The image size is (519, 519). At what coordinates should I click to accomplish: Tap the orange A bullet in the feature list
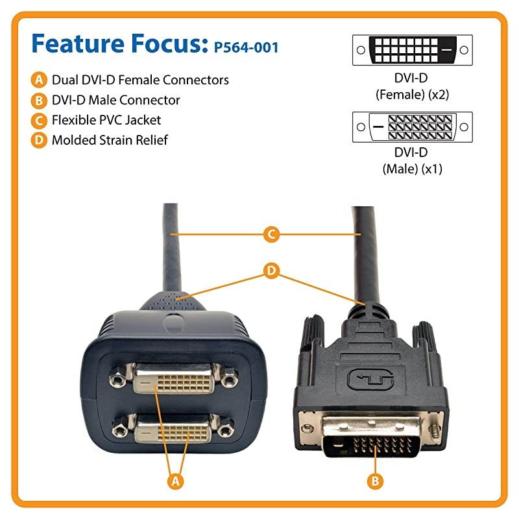40,80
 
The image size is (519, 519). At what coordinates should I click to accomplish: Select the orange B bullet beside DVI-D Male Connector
40,101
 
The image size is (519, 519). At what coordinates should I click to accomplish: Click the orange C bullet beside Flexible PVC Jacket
40,120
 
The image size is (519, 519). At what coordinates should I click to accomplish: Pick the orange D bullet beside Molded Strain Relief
40,140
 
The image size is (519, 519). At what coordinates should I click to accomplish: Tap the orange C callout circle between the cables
273,234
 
